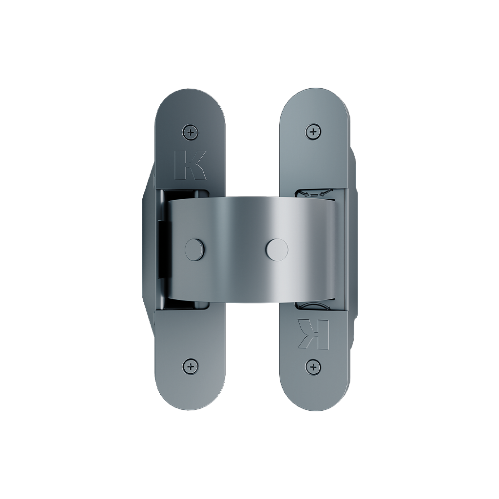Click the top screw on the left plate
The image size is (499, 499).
coord(191,132)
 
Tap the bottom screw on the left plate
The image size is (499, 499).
coord(191,366)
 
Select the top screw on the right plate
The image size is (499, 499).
coord(313,132)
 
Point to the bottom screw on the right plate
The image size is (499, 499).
coord(313,367)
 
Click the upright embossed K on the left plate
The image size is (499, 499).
coord(191,165)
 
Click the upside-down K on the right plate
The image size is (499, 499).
coord(313,333)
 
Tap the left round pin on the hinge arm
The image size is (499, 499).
coord(194,249)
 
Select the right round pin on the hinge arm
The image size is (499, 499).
coord(277,249)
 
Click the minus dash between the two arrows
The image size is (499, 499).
coord(314,194)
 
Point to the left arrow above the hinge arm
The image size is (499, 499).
coord(304,193)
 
